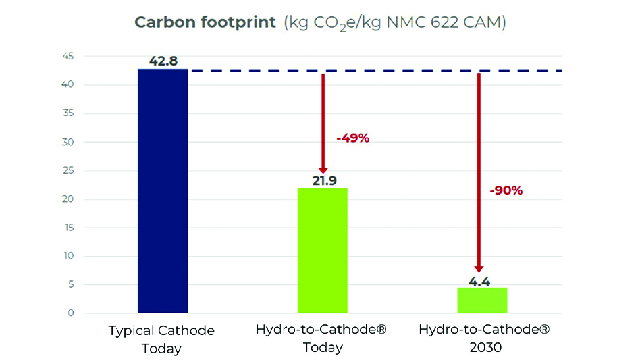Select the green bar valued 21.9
coord(322,251)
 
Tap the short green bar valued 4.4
coord(482,301)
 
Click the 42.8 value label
coord(163,61)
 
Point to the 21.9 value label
coord(322,181)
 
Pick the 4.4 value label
coord(479,281)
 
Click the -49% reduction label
coord(352,138)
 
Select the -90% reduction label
coord(506,190)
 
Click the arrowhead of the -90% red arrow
coord(479,268)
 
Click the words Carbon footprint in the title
coord(205,22)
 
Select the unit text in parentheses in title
coord(394,23)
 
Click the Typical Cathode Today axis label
coord(161,339)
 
